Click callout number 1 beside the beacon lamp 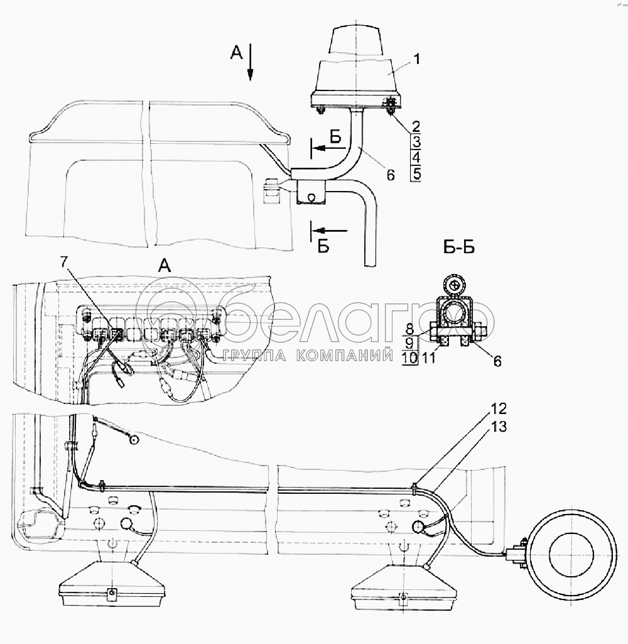coord(417,60)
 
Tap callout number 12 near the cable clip coord(498,408)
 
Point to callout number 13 coord(498,427)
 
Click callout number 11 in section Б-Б coord(428,358)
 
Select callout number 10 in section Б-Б coord(409,358)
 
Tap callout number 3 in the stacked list coord(416,142)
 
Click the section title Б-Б coord(459,248)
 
